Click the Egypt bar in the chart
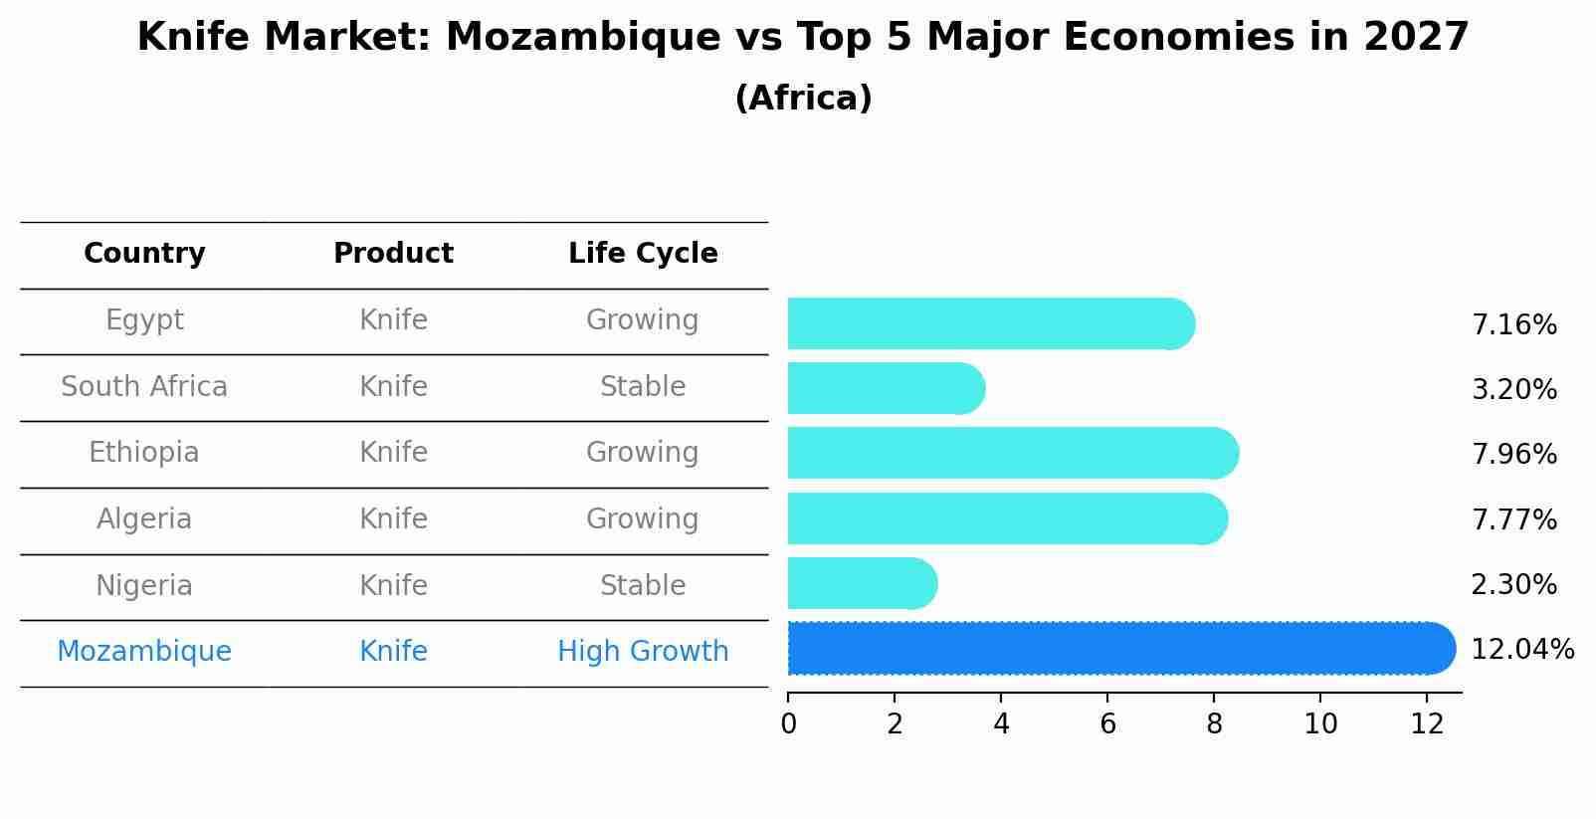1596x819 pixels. click(x=990, y=323)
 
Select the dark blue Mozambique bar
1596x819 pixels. click(x=1119, y=649)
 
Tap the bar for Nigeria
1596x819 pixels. click(x=861, y=583)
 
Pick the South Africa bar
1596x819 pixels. click(x=886, y=388)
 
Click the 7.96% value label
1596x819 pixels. click(x=1513, y=455)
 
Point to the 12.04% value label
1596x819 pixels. click(x=1521, y=650)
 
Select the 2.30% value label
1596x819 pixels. click(x=1513, y=585)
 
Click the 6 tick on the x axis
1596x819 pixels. click(x=1107, y=724)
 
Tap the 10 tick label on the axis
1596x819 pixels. click(x=1320, y=724)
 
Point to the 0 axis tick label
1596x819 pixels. click(x=788, y=724)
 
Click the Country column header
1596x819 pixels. click(x=144, y=254)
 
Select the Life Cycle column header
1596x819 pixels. click(x=643, y=254)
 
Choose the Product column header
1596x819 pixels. click(x=393, y=254)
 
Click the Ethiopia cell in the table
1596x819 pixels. click(x=144, y=453)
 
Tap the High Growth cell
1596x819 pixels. click(x=643, y=652)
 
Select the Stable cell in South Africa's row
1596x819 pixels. click(x=643, y=387)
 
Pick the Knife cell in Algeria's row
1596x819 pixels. click(x=393, y=519)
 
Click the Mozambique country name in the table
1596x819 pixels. click(x=144, y=652)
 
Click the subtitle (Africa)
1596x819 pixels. click(x=803, y=99)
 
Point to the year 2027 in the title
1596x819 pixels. click(x=1416, y=38)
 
